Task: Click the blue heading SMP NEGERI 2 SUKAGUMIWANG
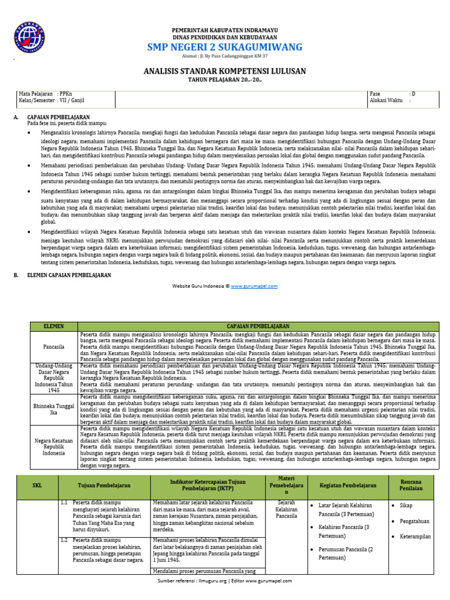pos(224,47)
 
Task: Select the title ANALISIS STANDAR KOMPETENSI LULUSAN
pos(224,71)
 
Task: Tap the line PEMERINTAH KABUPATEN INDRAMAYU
pos(224,30)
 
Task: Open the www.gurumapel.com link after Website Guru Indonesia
pos(254,286)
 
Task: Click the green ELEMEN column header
pos(54,325)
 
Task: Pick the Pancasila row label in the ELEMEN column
pos(54,346)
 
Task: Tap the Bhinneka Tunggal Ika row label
pos(54,408)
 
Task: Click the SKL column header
pos(37,485)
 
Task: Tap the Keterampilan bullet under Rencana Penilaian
pos(415,536)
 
